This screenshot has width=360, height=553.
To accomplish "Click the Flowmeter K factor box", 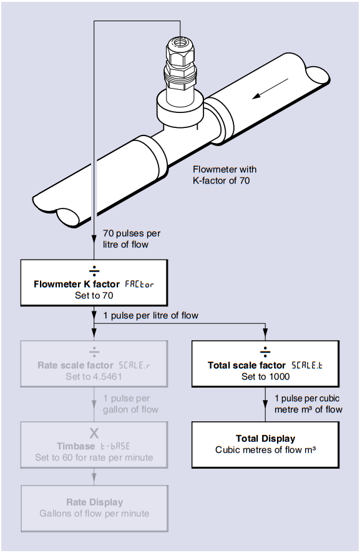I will coord(94,283).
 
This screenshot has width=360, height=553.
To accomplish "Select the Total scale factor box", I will coord(265,364).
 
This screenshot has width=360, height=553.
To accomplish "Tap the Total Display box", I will coord(265,444).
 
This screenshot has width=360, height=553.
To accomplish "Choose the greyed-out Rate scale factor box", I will coord(94,364).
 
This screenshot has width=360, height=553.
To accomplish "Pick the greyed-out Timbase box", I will coord(94,444).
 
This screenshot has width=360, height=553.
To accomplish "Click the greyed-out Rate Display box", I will coord(94,507).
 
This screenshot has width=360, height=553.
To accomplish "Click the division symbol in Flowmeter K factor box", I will coord(94,270).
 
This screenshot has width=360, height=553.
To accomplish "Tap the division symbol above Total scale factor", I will coord(265,351).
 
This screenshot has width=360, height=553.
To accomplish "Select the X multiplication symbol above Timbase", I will coord(94,432).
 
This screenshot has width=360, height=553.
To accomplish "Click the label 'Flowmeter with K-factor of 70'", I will coord(224,175).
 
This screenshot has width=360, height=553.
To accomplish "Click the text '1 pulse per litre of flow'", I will coord(150,316).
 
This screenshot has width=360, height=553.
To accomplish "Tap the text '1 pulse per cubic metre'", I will coord(308,404).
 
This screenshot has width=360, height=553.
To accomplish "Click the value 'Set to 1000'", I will coord(265,377).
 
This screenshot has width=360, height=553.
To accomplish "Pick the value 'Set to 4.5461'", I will coord(94,377).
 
